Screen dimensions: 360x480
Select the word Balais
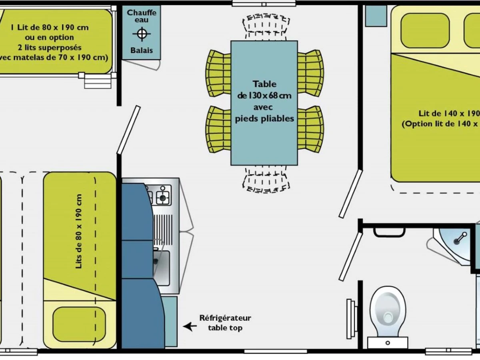click(x=141, y=51)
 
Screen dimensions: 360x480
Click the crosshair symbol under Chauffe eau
click(x=141, y=34)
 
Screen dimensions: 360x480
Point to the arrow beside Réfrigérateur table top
click(x=190, y=326)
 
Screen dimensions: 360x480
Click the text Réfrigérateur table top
click(x=225, y=323)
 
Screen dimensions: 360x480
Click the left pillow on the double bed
click(x=425, y=30)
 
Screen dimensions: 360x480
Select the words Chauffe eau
click(x=141, y=16)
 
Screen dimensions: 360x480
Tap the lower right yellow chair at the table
click(x=310, y=129)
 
